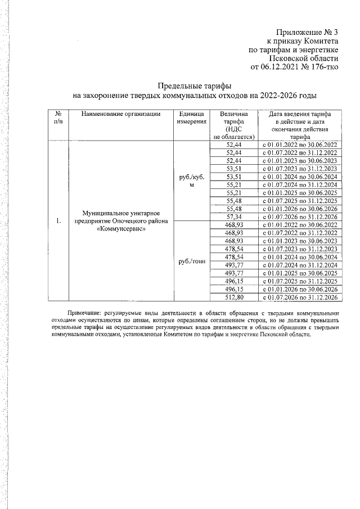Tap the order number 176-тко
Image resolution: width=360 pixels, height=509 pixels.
click(325, 67)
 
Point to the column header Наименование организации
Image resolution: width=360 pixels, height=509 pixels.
click(120, 114)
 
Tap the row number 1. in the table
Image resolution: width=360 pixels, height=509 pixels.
click(58, 220)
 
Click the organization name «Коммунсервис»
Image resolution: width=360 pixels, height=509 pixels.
click(121, 228)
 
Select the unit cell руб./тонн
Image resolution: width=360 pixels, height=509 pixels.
click(191, 260)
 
